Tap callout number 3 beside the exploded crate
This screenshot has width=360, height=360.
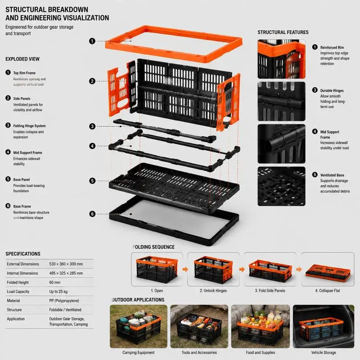coord(92,126)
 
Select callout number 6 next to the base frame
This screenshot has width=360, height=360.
coord(92,214)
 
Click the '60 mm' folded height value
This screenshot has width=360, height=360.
coord(54,283)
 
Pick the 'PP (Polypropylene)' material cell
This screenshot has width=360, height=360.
coord(64,301)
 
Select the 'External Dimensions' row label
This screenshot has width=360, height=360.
coord(23,264)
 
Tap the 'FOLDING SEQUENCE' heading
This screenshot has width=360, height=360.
coord(153,247)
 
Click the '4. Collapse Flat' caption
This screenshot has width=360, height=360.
coord(328,291)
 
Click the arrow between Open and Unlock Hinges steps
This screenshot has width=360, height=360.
coord(185,269)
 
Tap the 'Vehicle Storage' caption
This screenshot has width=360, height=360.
coord(324,352)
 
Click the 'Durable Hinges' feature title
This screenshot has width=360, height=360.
coord(332,91)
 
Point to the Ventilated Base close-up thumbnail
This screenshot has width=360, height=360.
coord(282,186)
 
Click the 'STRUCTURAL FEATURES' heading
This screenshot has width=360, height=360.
coord(283,32)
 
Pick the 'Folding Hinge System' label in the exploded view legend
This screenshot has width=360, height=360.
coord(29,126)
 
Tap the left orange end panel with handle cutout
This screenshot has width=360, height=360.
coord(118,91)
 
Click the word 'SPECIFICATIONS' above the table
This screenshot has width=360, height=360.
coord(23,254)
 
